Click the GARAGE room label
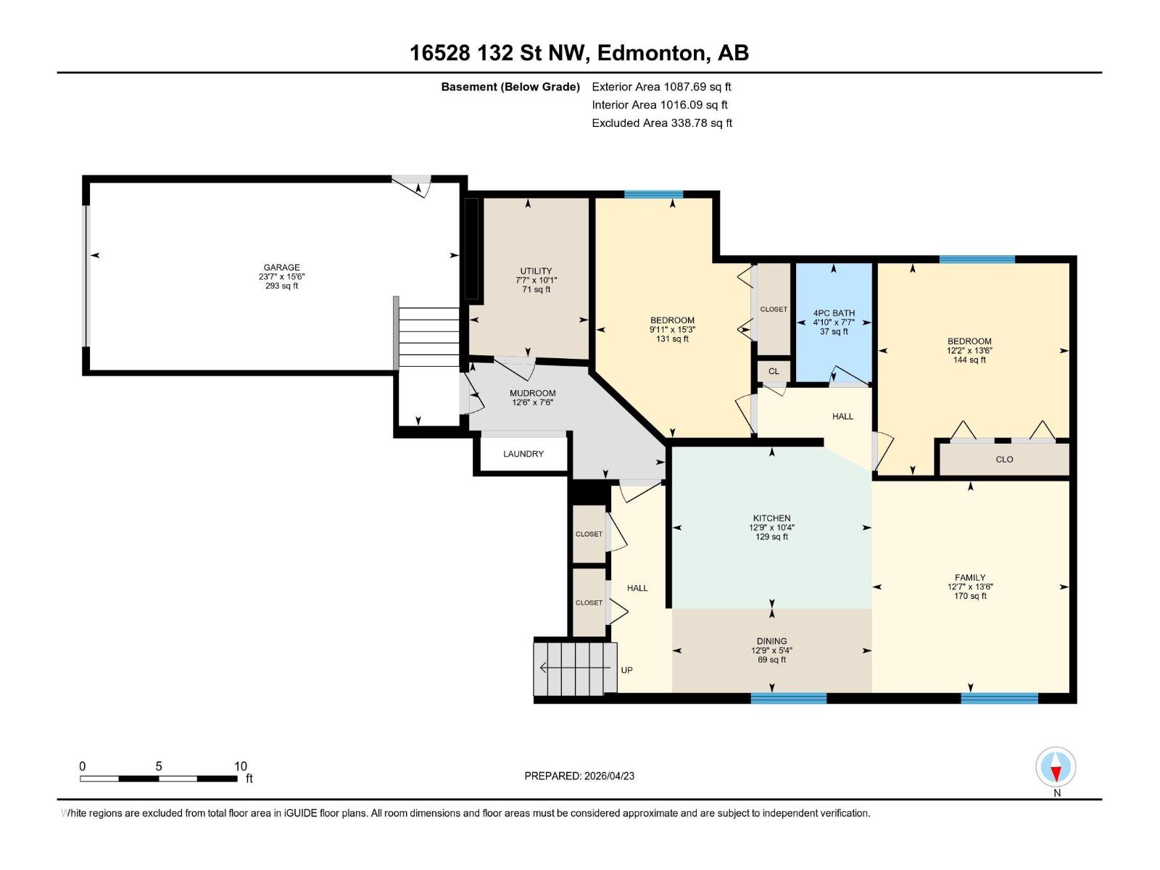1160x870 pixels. pyautogui.click(x=282, y=268)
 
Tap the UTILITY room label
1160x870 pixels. pyautogui.click(x=536, y=271)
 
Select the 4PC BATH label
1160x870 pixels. pyautogui.click(x=834, y=313)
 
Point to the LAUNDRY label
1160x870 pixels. pyautogui.click(x=523, y=454)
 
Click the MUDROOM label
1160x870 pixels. pyautogui.click(x=532, y=393)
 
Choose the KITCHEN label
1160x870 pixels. pyautogui.click(x=771, y=518)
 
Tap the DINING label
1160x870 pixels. pyautogui.click(x=771, y=642)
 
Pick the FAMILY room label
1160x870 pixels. pyautogui.click(x=970, y=577)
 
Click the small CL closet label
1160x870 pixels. pyautogui.click(x=774, y=371)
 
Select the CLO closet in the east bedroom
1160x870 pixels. pyautogui.click(x=1004, y=460)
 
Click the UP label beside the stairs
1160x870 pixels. pyautogui.click(x=627, y=671)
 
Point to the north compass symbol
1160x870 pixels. pyautogui.click(x=1056, y=766)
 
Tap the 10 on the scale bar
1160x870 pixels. pyautogui.click(x=241, y=766)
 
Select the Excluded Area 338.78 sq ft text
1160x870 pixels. pyautogui.click(x=662, y=123)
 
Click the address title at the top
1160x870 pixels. pyautogui.click(x=579, y=53)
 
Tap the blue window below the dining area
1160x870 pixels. pyautogui.click(x=789, y=697)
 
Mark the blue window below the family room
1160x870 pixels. pyautogui.click(x=999, y=697)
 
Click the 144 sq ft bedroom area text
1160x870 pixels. pyautogui.click(x=969, y=360)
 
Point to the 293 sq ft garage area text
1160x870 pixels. pyautogui.click(x=282, y=286)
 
